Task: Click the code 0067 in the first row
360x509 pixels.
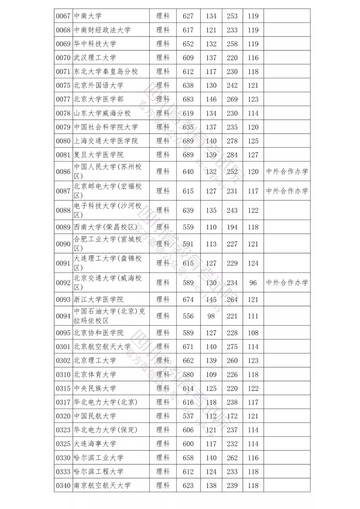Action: pyautogui.click(x=63, y=16)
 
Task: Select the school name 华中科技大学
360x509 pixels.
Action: pyautogui.click(x=95, y=44)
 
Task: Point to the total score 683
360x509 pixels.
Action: pyautogui.click(x=188, y=99)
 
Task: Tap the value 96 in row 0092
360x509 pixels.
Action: pyautogui.click(x=253, y=283)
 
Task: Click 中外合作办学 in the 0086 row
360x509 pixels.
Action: pyautogui.click(x=287, y=172)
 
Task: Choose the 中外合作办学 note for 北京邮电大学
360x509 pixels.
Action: pyautogui.click(x=287, y=191)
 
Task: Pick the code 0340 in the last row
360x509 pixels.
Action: pyautogui.click(x=63, y=485)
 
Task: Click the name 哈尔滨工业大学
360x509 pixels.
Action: pyautogui.click(x=98, y=458)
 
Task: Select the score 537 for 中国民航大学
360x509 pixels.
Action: pyautogui.click(x=188, y=416)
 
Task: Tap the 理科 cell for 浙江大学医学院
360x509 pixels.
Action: pyautogui.click(x=163, y=299)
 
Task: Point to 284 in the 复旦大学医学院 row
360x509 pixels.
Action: pyautogui.click(x=232, y=155)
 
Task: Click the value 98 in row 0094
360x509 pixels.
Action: pyautogui.click(x=211, y=316)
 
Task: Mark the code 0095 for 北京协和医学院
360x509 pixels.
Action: pyautogui.click(x=63, y=333)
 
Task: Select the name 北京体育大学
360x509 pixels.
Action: pyautogui.click(x=95, y=374)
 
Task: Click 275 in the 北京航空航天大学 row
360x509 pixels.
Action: pyautogui.click(x=232, y=347)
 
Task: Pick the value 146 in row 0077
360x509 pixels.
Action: pyautogui.click(x=211, y=99)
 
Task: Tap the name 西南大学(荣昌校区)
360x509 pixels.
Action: pyautogui.click(x=105, y=227)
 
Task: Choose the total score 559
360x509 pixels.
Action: pyautogui.click(x=188, y=227)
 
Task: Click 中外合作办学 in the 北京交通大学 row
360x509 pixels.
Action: pyautogui.click(x=287, y=283)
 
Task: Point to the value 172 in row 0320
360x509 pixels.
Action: pyautogui.click(x=232, y=416)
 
